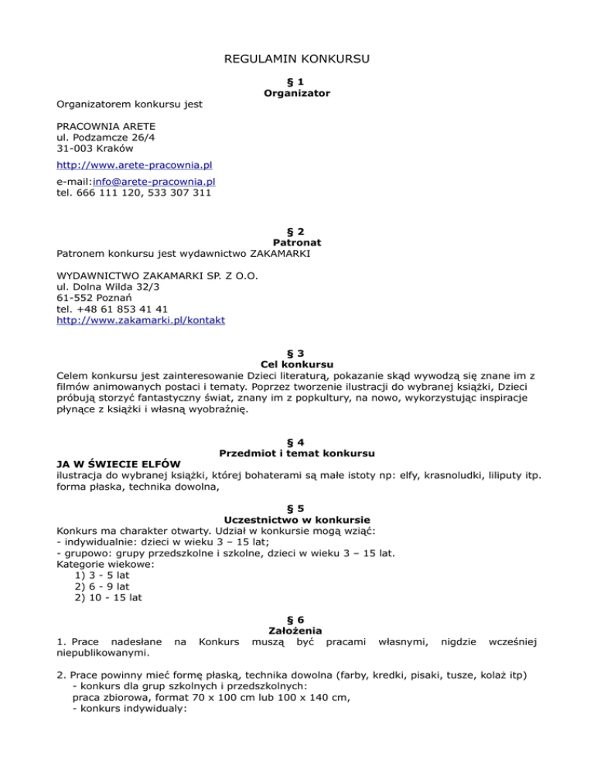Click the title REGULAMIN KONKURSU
click(x=297, y=59)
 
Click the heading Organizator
click(x=297, y=93)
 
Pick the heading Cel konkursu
click(x=297, y=364)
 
